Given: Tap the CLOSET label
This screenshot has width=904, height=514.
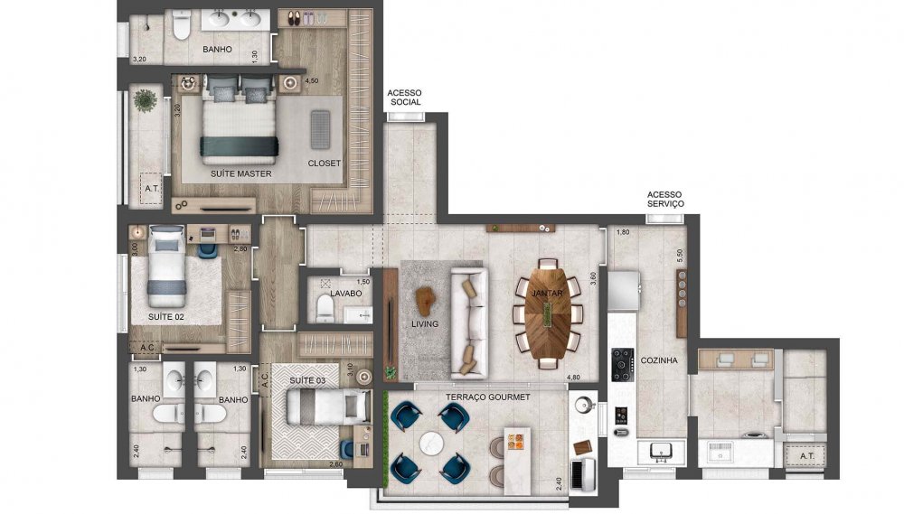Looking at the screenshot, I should point(325,164).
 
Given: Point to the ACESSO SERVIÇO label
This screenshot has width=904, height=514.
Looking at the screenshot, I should point(665,200).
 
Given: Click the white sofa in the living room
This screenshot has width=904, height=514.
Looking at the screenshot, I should point(468,322).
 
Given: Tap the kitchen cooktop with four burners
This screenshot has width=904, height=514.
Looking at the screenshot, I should point(623,364).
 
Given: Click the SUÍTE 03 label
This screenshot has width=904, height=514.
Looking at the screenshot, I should point(307,381).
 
